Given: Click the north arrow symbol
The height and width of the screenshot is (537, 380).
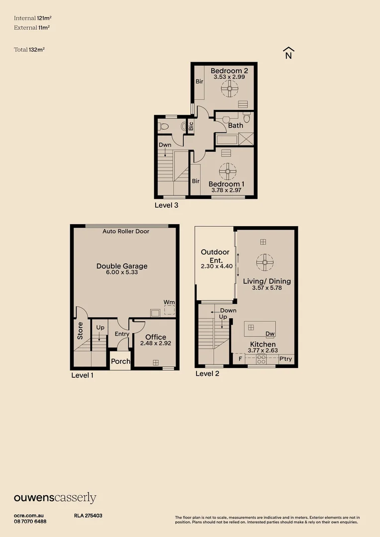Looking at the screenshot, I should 288,53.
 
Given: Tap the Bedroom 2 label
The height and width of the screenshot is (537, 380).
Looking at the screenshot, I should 229,71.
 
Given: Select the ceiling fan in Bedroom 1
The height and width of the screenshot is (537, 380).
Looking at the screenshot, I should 228,172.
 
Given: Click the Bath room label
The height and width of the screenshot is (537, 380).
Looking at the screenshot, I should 236,125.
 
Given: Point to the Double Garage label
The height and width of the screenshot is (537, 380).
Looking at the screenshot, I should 122,266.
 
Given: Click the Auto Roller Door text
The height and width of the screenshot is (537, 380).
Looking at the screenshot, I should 126,231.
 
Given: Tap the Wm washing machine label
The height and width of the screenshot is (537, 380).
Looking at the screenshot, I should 169,302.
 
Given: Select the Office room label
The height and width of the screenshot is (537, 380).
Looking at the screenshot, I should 156,337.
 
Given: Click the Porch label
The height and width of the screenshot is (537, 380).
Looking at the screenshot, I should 120,361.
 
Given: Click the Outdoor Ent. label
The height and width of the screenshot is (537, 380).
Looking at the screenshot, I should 215,256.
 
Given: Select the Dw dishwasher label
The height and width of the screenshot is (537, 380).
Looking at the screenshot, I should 270,334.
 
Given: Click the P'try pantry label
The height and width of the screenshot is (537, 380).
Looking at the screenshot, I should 285,359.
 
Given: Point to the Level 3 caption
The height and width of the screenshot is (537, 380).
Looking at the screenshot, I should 166,204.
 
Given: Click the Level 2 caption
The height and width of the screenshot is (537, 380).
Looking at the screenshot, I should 207,373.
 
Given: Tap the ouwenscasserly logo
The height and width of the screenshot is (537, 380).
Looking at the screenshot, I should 55,498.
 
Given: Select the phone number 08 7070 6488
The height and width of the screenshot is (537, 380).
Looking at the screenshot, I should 30,522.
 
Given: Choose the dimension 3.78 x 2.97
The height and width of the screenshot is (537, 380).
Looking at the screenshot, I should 226,190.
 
